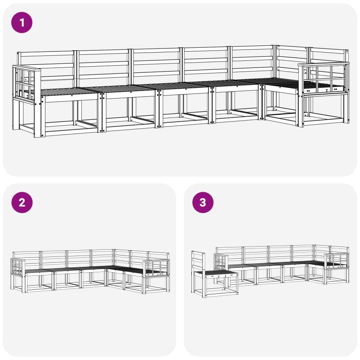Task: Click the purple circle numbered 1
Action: [x=22, y=22]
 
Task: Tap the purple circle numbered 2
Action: [x=22, y=202]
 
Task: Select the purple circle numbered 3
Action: [x=203, y=202]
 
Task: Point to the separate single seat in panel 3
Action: [x=214, y=275]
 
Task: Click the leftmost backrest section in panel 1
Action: [x=46, y=67]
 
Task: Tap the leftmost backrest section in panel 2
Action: [x=27, y=261]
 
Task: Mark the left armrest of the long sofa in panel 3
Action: [x=221, y=262]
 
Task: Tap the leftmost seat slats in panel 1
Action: [x=69, y=91]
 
